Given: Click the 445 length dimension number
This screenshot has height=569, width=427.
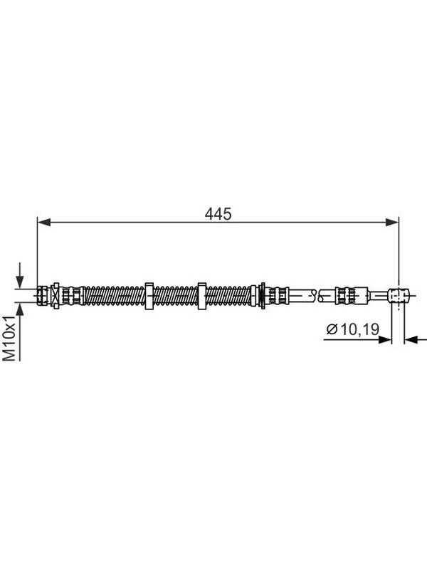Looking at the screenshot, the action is [x=218, y=214].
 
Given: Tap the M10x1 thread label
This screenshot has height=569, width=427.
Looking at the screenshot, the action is [x=9, y=339].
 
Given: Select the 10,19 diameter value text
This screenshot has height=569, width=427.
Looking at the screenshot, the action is [x=359, y=329].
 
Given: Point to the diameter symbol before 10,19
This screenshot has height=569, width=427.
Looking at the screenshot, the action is [x=332, y=329].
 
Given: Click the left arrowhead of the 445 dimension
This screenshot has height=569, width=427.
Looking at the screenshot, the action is [x=44, y=223].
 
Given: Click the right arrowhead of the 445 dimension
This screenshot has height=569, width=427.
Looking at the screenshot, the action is [x=392, y=223].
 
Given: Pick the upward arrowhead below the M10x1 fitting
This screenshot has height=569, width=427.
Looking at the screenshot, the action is [x=20, y=309].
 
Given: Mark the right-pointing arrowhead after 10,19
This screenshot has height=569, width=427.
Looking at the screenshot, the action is [x=385, y=340].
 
